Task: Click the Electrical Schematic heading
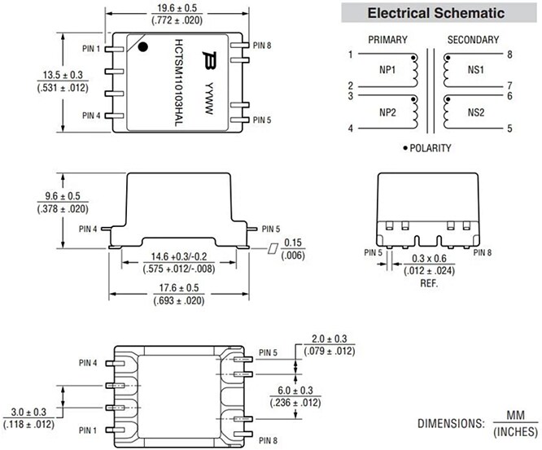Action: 435,14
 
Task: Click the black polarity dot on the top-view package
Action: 142,47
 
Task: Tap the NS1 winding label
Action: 477,70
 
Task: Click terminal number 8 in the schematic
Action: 509,55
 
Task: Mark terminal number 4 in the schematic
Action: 351,129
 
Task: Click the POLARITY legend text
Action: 431,148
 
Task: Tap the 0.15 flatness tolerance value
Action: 294,242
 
